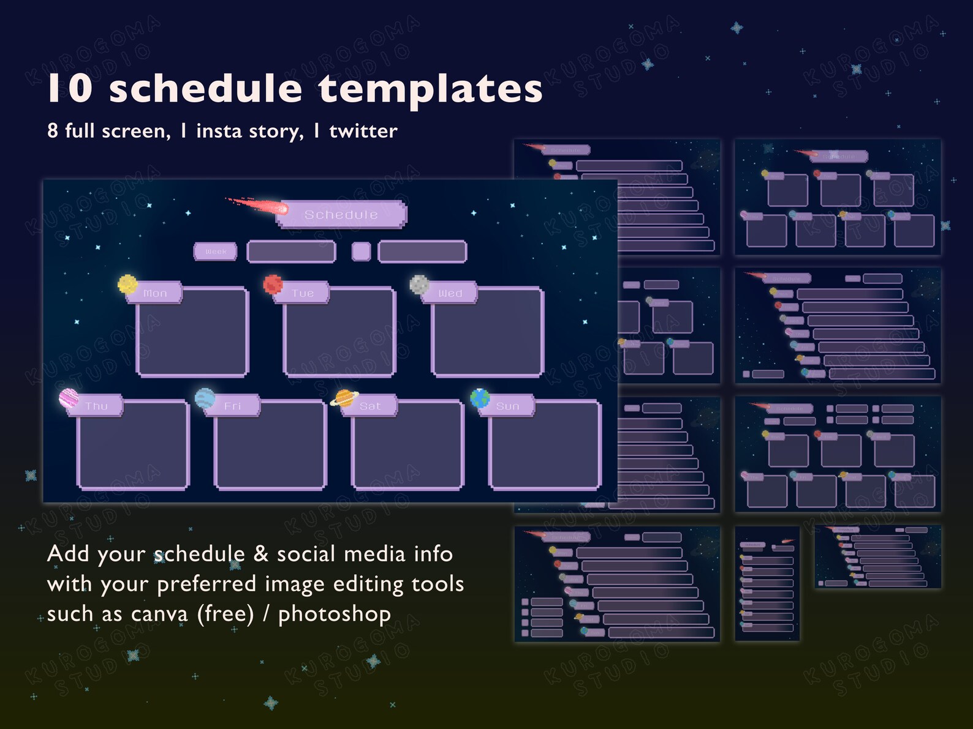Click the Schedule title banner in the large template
(x=341, y=214)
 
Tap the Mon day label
(x=156, y=293)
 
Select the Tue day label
(x=303, y=293)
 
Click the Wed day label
(x=450, y=293)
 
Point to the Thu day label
(x=96, y=406)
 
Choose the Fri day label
(x=233, y=406)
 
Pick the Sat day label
(x=370, y=406)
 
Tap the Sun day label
(x=507, y=406)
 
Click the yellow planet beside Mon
(x=127, y=284)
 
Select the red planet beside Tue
(x=273, y=284)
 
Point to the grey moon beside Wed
(x=419, y=284)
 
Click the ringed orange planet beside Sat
(x=344, y=398)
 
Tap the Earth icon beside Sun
(x=480, y=398)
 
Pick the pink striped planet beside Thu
(x=69, y=398)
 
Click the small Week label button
(x=216, y=252)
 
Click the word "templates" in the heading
(x=430, y=89)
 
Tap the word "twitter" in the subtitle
(x=363, y=131)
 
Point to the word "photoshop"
(x=335, y=614)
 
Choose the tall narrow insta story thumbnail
(x=767, y=583)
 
